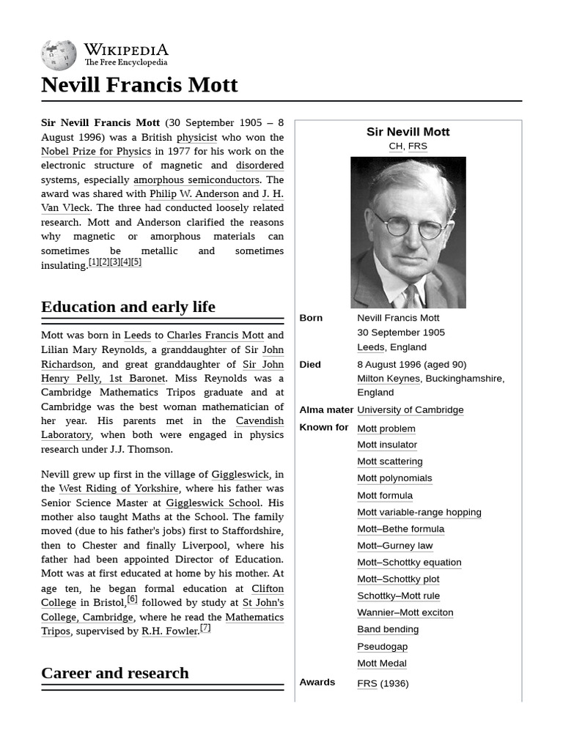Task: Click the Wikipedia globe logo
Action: pos(59,55)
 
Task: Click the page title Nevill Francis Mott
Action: pos(139,85)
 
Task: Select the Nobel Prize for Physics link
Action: pos(96,152)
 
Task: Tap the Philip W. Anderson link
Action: pos(194,194)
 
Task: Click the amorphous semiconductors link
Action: pos(196,179)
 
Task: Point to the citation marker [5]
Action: pos(136,262)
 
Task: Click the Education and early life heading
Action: pos(128,307)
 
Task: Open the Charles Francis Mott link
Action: pos(215,335)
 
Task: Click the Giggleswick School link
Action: pos(213,503)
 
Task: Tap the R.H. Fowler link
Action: pos(169,631)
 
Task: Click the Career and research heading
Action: pos(115,673)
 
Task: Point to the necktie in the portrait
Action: pos(411,296)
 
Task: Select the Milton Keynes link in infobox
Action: pos(389,379)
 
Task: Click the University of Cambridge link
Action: pos(410,410)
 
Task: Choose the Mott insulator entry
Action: pos(387,445)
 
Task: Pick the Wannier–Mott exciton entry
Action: pos(405,612)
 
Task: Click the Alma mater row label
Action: pos(326,410)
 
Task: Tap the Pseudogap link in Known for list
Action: pos(382,647)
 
